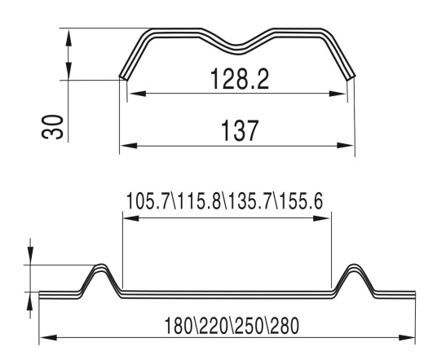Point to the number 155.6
pyautogui.click(x=303, y=200)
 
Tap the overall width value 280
pyautogui.click(x=280, y=325)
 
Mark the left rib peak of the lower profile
pyautogui.click(x=101, y=266)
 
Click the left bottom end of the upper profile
pyautogui.click(x=123, y=78)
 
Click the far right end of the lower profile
pyautogui.click(x=417, y=294)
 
